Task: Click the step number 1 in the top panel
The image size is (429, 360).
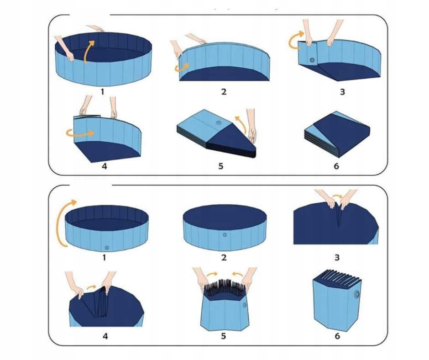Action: tap(102, 91)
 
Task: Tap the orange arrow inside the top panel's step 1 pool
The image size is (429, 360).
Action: tap(88, 52)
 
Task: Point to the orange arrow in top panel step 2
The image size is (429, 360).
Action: tap(182, 68)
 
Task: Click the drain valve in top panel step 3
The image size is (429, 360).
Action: tap(312, 60)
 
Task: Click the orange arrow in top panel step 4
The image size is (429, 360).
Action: tap(80, 133)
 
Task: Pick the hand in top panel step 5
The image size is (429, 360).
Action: tap(251, 126)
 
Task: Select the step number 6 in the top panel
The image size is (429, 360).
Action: tap(336, 166)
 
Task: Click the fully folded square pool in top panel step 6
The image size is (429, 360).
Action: tap(337, 135)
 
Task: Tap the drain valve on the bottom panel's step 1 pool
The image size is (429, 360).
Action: tap(107, 248)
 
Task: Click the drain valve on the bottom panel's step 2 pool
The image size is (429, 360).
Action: tap(225, 235)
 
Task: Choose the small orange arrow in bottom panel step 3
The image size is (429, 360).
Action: tap(337, 196)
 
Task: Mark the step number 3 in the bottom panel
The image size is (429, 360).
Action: tap(337, 258)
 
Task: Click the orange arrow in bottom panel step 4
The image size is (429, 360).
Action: tap(91, 287)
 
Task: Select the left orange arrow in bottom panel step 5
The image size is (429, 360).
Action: tap(212, 274)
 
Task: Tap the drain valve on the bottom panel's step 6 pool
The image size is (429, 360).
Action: tap(357, 295)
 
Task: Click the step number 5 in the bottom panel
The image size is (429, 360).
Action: tap(224, 336)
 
